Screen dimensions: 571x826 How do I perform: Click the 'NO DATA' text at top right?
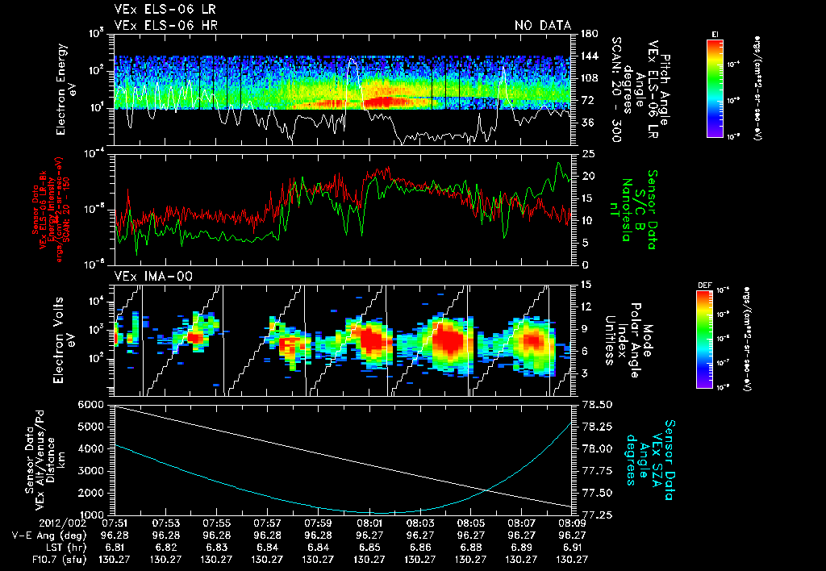coord(542,26)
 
